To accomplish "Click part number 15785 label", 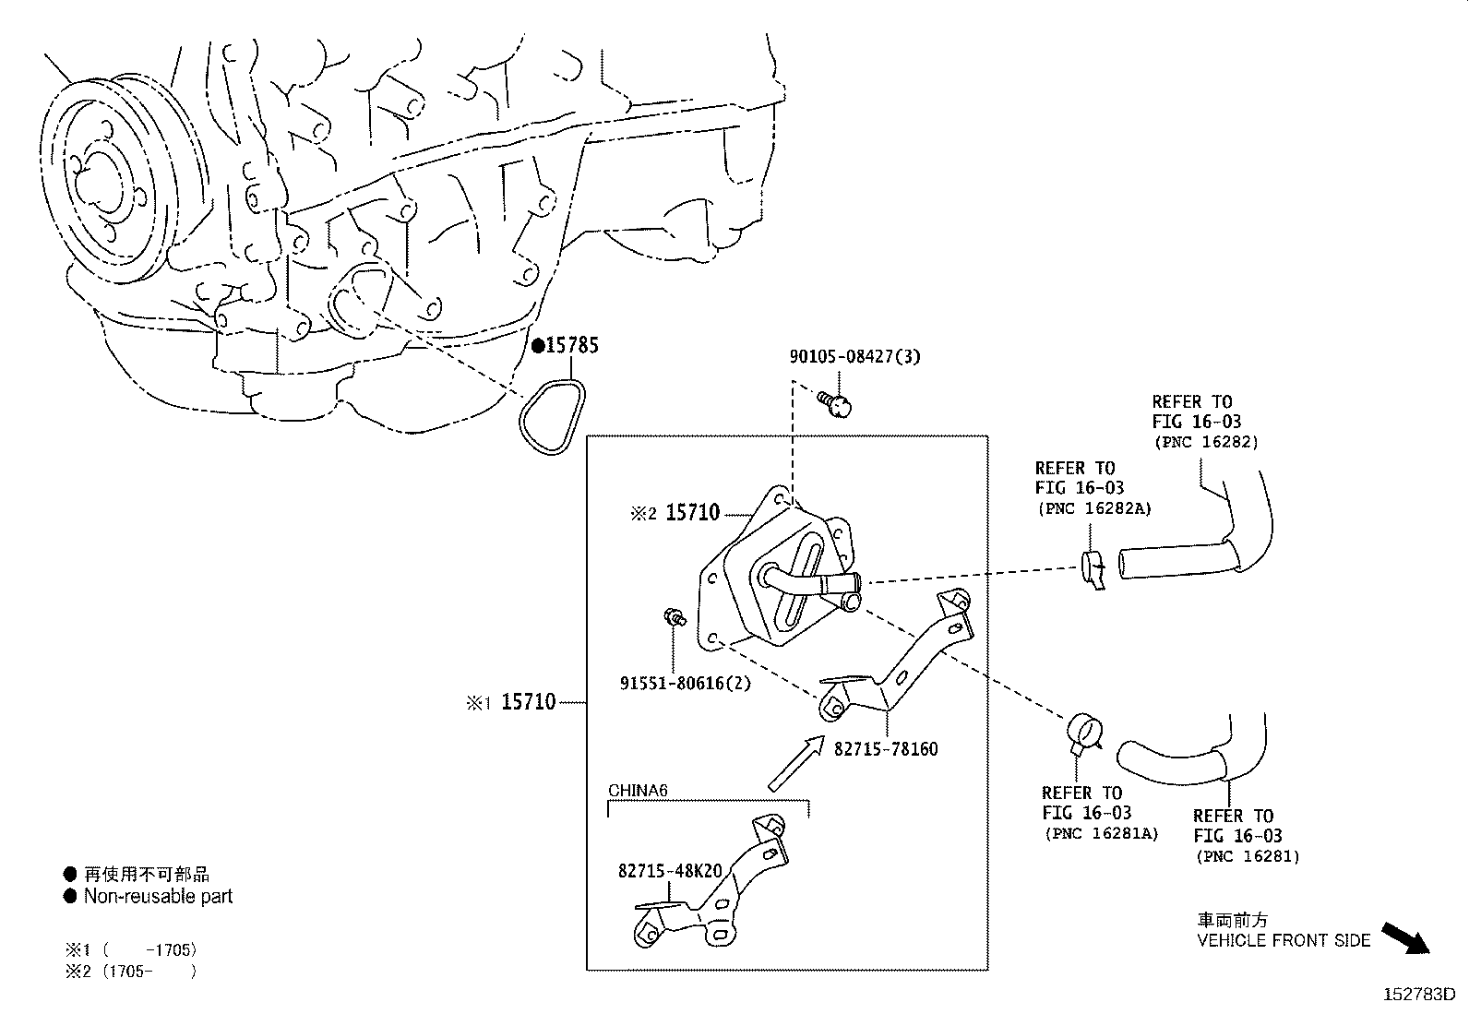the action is pos(572,345).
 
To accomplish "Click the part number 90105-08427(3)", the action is pos(854,356).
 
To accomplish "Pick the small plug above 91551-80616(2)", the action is pos(675,616).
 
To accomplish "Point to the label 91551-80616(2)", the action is pos(685,683).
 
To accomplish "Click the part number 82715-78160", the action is pos(885,748).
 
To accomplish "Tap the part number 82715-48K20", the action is pos(670,870).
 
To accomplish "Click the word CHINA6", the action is pos(638,791).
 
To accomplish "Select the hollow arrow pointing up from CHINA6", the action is pos(796,763).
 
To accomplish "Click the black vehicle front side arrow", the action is pos(1405,938).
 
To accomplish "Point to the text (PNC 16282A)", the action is pos(1094,508).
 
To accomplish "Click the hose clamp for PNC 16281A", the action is pos(1084,733).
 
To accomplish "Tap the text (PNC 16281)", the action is pos(1248,856).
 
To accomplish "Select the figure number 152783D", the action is pos(1419,995).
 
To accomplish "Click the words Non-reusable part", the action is pos(158,896).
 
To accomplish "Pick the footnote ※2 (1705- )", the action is pos(130,971).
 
